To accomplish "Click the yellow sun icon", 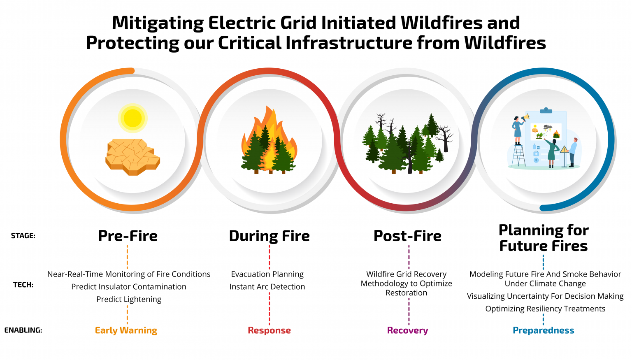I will [x=132, y=118].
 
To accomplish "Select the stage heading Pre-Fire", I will [x=128, y=236].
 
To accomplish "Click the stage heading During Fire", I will [x=269, y=236].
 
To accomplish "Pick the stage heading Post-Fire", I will [x=407, y=236].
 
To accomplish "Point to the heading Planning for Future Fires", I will [x=544, y=238].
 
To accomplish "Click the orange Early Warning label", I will [x=126, y=330].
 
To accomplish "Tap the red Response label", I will [x=269, y=330].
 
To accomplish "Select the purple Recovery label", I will [x=407, y=330].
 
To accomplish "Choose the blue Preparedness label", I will [x=543, y=330].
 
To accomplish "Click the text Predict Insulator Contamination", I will [x=129, y=287].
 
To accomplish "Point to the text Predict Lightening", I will [x=129, y=300].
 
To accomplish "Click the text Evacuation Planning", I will [x=267, y=274].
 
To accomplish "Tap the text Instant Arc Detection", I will [x=267, y=287].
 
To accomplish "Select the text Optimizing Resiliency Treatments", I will [x=545, y=309].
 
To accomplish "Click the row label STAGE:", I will [x=23, y=236].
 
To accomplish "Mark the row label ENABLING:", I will [x=23, y=330].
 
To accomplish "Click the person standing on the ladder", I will [x=518, y=130].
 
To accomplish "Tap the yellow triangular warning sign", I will [x=564, y=149].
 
